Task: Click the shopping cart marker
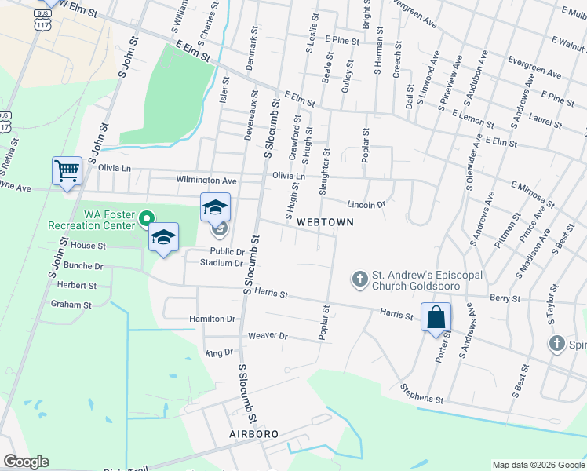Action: [x=67, y=171]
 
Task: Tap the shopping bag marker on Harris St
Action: [x=436, y=318]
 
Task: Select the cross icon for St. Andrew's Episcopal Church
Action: [x=359, y=279]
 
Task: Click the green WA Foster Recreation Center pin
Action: [x=146, y=219]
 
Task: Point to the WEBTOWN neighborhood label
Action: [x=325, y=222]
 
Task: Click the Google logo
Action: [x=26, y=462]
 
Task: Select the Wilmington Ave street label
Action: [x=206, y=180]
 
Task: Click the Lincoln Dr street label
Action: [x=366, y=204]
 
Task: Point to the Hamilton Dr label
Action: [x=212, y=319]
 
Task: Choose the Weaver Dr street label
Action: [x=268, y=336]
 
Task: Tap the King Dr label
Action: [x=219, y=353]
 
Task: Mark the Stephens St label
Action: [x=421, y=394]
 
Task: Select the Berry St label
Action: [x=505, y=298]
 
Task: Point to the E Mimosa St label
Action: [x=533, y=195]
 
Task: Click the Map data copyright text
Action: [x=538, y=465]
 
